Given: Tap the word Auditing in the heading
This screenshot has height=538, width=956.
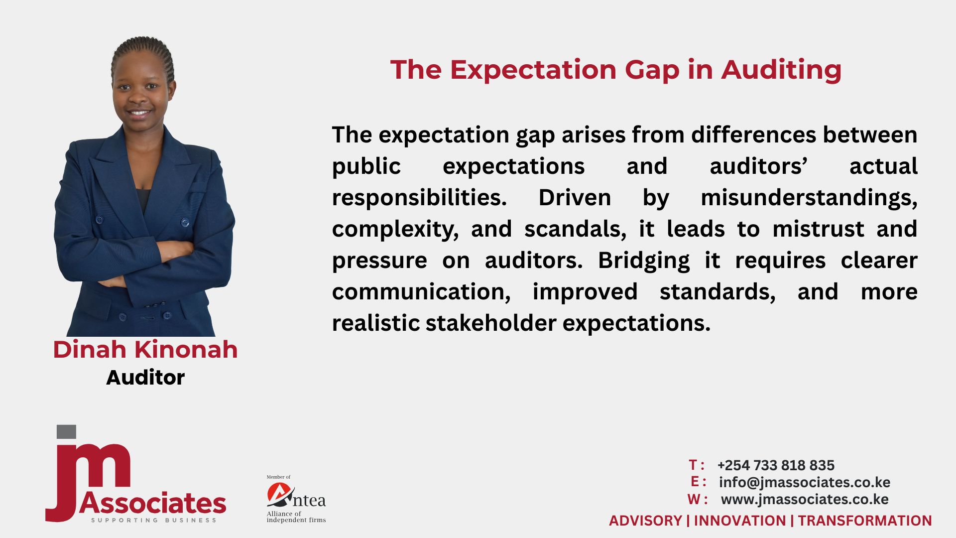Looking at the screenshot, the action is [x=782, y=70].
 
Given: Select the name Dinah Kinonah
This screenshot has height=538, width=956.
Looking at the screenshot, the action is [x=145, y=349].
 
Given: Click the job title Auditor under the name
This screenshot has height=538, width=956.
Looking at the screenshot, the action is [x=145, y=378].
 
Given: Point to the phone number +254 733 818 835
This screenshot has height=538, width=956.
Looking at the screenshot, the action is [x=776, y=465].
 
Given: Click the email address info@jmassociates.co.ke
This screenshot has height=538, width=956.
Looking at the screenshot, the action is [x=805, y=482].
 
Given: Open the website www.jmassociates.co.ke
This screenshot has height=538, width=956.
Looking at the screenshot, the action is [x=805, y=499].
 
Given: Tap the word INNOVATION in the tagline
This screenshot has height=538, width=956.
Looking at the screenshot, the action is [x=739, y=521].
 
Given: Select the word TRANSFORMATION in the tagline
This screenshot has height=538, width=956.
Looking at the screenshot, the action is [x=865, y=521].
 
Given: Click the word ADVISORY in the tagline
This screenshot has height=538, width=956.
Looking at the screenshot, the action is [x=645, y=521].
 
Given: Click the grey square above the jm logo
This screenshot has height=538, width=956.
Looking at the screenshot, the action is [x=66, y=432].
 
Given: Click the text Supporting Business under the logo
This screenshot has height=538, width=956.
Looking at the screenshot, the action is [x=153, y=520].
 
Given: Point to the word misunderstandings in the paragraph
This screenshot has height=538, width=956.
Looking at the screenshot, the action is [x=809, y=198].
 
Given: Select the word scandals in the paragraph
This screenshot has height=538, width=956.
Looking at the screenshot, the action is [x=575, y=229].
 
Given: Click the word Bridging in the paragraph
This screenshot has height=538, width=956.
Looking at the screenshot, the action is [x=644, y=261].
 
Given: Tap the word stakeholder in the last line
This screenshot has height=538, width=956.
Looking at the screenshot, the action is [x=490, y=323].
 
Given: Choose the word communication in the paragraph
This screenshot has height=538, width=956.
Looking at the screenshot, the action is [x=421, y=292].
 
